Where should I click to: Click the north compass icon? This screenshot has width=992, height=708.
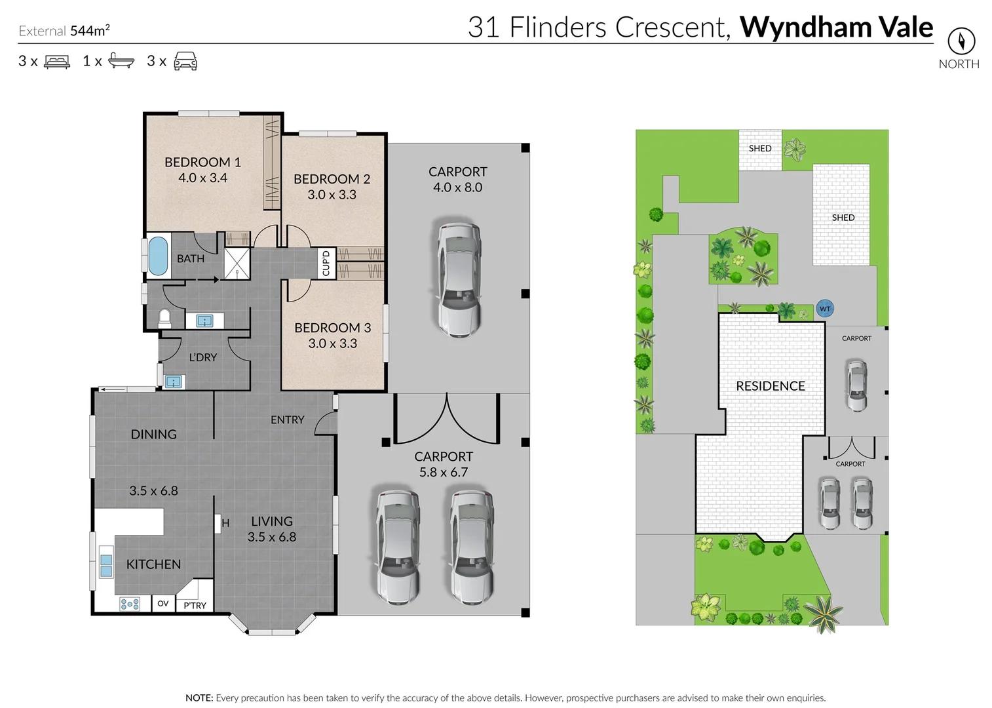tap(961, 41)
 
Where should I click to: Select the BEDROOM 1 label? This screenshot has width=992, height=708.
tap(202, 162)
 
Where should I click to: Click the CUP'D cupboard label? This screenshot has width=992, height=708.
tap(326, 263)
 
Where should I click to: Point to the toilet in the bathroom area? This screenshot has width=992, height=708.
tap(164, 318)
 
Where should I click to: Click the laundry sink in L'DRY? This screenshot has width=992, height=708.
tap(174, 382)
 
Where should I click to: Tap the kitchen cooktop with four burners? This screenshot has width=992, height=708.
tap(130, 604)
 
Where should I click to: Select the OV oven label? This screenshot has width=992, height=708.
tap(163, 604)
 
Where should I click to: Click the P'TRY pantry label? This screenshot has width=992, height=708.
tap(195, 605)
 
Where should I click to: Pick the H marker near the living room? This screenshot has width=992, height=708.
tap(225, 523)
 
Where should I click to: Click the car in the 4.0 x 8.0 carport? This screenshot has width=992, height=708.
tap(459, 279)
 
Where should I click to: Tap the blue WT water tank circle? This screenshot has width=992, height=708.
tap(825, 309)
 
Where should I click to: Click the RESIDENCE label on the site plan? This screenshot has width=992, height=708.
tap(770, 386)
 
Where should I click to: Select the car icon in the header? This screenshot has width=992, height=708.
tap(185, 61)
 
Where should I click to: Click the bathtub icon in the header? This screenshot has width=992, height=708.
tap(121, 61)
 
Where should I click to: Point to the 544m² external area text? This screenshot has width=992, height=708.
tap(90, 30)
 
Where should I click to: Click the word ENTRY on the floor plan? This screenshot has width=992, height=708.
tap(287, 420)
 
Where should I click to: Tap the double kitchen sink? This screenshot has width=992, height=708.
tap(106, 562)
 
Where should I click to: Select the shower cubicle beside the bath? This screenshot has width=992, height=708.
tap(237, 264)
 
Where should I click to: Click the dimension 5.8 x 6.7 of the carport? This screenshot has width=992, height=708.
tap(444, 472)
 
